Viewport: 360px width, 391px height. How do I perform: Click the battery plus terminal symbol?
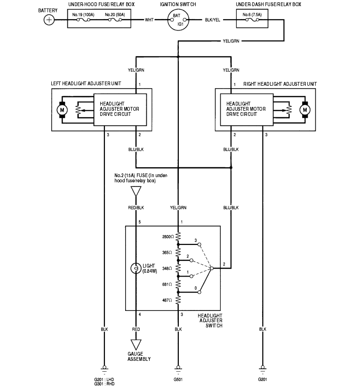pyautogui.click(x=49, y=20)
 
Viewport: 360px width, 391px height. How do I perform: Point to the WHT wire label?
pyautogui.click(x=149, y=20)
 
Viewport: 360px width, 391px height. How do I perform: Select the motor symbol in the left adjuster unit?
pyautogui.click(x=62, y=110)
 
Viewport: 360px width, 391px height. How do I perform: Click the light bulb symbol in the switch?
pyautogui.click(x=136, y=269)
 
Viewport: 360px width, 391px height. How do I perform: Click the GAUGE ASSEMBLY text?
pyautogui.click(x=139, y=356)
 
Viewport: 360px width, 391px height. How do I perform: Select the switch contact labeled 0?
pyautogui.click(x=200, y=292)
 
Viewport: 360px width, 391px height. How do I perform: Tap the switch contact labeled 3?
pyautogui.click(x=200, y=244)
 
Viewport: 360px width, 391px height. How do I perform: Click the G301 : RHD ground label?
pyautogui.click(x=104, y=383)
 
